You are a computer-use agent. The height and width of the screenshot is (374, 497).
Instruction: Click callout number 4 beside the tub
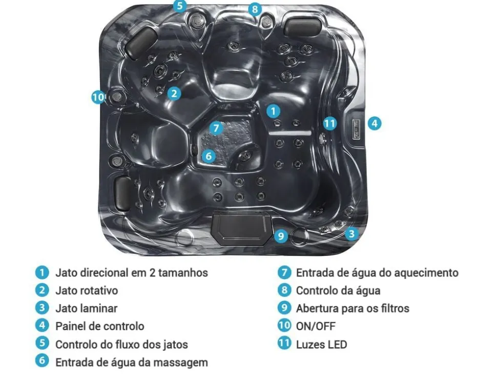coord(375,123)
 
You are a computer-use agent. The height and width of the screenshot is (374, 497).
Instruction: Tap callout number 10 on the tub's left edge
coord(98,97)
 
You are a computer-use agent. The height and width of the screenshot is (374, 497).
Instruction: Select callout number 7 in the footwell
coord(216,128)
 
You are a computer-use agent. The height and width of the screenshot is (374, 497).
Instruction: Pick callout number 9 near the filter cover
coord(281,236)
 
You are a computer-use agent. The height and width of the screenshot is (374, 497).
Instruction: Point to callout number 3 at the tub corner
coord(351,234)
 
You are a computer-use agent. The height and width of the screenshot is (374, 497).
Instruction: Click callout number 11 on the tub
coord(329,123)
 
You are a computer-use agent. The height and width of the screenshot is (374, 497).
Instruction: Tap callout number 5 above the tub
coord(180,6)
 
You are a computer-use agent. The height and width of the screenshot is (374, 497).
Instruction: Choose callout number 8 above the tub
coord(255,9)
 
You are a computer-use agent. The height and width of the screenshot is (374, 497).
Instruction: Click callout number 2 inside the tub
coord(174,94)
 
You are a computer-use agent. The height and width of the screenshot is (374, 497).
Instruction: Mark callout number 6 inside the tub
coord(208,156)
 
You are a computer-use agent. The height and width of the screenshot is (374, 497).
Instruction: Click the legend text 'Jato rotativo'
coord(87,290)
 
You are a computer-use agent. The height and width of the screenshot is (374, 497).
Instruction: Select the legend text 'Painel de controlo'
coord(100,326)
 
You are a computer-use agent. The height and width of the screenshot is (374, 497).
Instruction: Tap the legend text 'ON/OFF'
coord(316,326)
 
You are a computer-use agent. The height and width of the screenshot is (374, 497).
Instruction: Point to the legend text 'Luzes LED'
coord(321,344)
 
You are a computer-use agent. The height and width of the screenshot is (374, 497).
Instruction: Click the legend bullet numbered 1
coord(42,272)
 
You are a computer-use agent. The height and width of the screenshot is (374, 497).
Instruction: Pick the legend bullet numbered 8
coord(284,290)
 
